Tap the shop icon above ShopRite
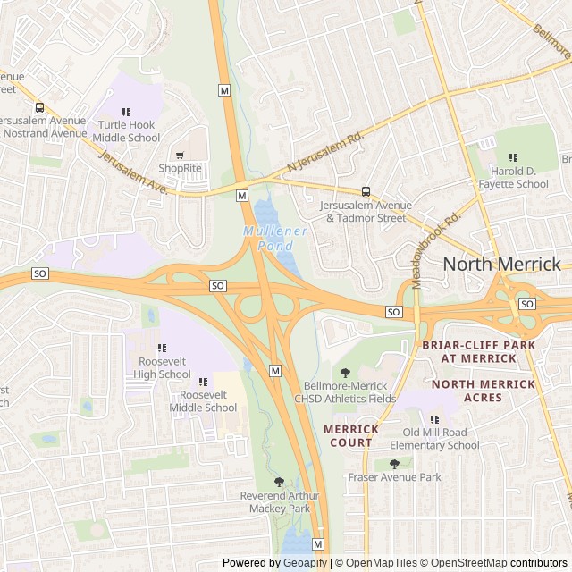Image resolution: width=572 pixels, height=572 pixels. pyautogui.click(x=180, y=155)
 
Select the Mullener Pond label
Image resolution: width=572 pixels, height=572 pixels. pyautogui.click(x=275, y=238)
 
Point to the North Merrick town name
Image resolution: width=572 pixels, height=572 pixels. pyautogui.click(x=502, y=264)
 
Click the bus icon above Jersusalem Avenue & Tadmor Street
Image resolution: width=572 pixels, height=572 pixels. pyautogui.click(x=366, y=191)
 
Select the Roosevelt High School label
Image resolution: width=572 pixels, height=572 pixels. pyautogui.click(x=164, y=367)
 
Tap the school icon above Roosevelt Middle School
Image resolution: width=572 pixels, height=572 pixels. pyautogui.click(x=203, y=382)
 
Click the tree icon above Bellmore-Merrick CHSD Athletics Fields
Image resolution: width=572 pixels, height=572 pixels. pyautogui.click(x=346, y=373)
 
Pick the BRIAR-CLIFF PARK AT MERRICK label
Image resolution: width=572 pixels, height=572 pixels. pyautogui.click(x=478, y=351)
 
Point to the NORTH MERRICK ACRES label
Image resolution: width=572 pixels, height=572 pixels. pyautogui.click(x=483, y=391)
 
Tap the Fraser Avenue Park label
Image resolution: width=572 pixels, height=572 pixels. pyautogui.click(x=394, y=477)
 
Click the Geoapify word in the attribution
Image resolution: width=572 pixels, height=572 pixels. pyautogui.click(x=306, y=563)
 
